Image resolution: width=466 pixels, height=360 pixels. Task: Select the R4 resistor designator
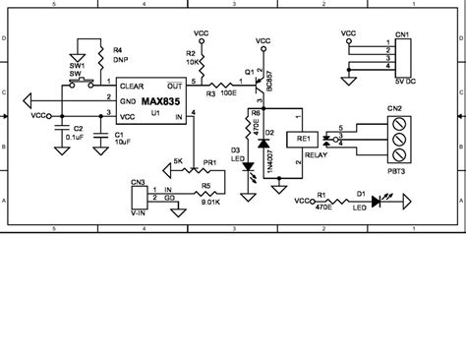(118, 49)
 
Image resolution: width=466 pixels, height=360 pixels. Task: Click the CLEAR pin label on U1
(135, 86)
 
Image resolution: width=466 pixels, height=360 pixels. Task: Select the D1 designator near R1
(360, 194)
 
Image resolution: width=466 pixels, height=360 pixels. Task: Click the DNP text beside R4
(120, 59)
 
